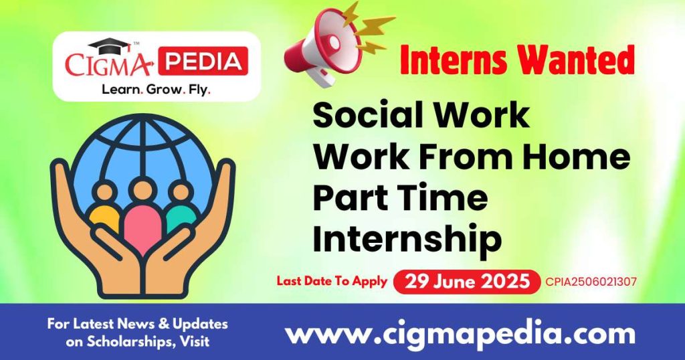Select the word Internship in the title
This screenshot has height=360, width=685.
click(x=407, y=240)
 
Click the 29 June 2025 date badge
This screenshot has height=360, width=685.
click(x=466, y=282)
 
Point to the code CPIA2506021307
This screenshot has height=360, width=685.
click(x=591, y=282)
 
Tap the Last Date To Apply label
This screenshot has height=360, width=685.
click(x=332, y=281)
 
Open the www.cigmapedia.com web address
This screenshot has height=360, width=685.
click(x=460, y=333)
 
